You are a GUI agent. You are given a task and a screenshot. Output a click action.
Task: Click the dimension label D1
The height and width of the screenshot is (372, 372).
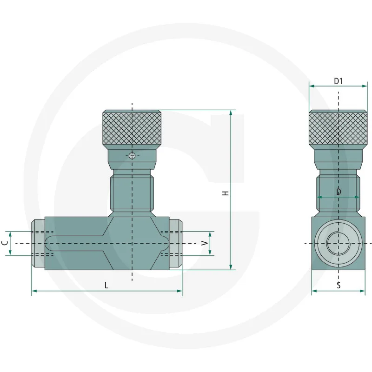pyautogui.click(x=338, y=81)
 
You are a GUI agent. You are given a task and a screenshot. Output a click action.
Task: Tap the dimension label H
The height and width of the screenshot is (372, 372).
pyautogui.click(x=226, y=193)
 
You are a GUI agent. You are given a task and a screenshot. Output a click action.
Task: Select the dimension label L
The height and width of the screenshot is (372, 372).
pyautogui.click(x=106, y=285)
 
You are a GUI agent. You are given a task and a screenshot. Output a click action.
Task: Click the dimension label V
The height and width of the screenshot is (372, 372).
pyautogui.click(x=205, y=243)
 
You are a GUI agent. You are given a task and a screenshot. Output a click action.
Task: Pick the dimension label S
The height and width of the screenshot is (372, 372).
pyautogui.click(x=339, y=285)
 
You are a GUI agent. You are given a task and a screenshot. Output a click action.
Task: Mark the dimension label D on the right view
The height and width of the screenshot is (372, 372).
pyautogui.click(x=339, y=192)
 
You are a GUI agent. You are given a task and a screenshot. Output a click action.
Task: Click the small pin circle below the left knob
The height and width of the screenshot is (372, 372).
pyautogui.click(x=132, y=156)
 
